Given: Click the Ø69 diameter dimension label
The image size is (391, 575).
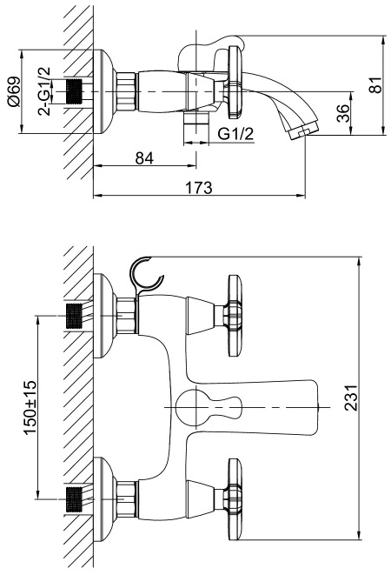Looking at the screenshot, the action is pos(13,91).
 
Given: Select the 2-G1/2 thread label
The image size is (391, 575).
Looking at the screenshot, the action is pos(44,91).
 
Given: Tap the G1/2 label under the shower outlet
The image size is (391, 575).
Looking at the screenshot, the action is pos(235,134).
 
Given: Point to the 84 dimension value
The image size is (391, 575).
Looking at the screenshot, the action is pos(144,158).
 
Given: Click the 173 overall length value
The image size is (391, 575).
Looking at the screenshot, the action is pos(199,187).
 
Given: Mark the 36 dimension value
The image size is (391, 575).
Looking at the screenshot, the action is pos(342,113).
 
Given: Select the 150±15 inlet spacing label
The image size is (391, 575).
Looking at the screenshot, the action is pos(30,407).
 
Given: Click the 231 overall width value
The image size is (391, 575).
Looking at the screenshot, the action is pos(350,398).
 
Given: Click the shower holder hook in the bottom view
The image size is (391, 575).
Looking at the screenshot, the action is pos(145,274).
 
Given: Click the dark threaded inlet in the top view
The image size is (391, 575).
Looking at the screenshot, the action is pos(74,91).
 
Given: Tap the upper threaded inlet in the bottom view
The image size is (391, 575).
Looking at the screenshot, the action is pos(74,316).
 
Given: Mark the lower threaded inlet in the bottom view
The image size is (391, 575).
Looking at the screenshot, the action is pos(74,499).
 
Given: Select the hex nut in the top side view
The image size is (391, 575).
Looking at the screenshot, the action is pos(127,91).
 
